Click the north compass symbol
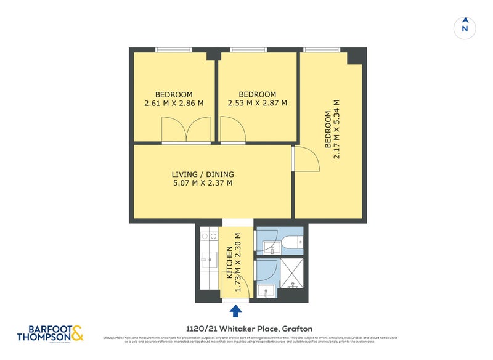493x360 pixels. [465, 27]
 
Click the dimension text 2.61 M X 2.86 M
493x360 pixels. [174, 103]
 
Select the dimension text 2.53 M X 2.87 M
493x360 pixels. [258, 103]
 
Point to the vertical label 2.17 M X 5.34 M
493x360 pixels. [337, 129]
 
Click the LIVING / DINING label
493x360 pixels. [203, 174]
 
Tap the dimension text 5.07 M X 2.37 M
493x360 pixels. [203, 183]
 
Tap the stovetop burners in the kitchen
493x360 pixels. [209, 235]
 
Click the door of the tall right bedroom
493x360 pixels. [306, 159]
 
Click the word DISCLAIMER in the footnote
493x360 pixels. [114, 338]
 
